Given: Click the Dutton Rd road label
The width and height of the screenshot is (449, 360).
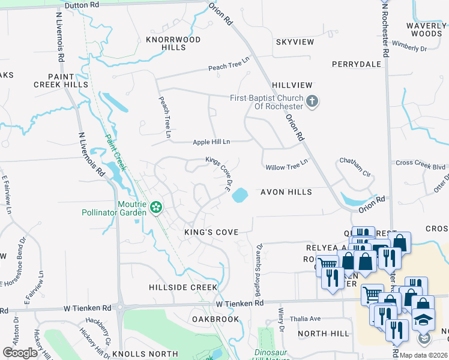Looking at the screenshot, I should point(81,5).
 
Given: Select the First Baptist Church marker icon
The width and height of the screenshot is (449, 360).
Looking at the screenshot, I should point(312,102).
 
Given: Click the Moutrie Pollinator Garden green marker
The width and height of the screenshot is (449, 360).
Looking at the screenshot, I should point(156,208).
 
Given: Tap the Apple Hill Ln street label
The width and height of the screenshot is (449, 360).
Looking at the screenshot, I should point(211,142).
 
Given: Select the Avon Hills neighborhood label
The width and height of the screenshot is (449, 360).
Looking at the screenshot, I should point(286,192).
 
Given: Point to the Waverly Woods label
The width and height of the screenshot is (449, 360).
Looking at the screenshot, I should point(423,30).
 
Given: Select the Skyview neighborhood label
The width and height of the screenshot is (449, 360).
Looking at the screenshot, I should point(295,42).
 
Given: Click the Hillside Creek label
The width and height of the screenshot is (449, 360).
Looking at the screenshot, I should point(183,287).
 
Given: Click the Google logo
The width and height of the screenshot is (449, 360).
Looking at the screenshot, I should point(20,353).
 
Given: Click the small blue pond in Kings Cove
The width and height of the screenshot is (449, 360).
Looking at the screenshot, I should point(240,195).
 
